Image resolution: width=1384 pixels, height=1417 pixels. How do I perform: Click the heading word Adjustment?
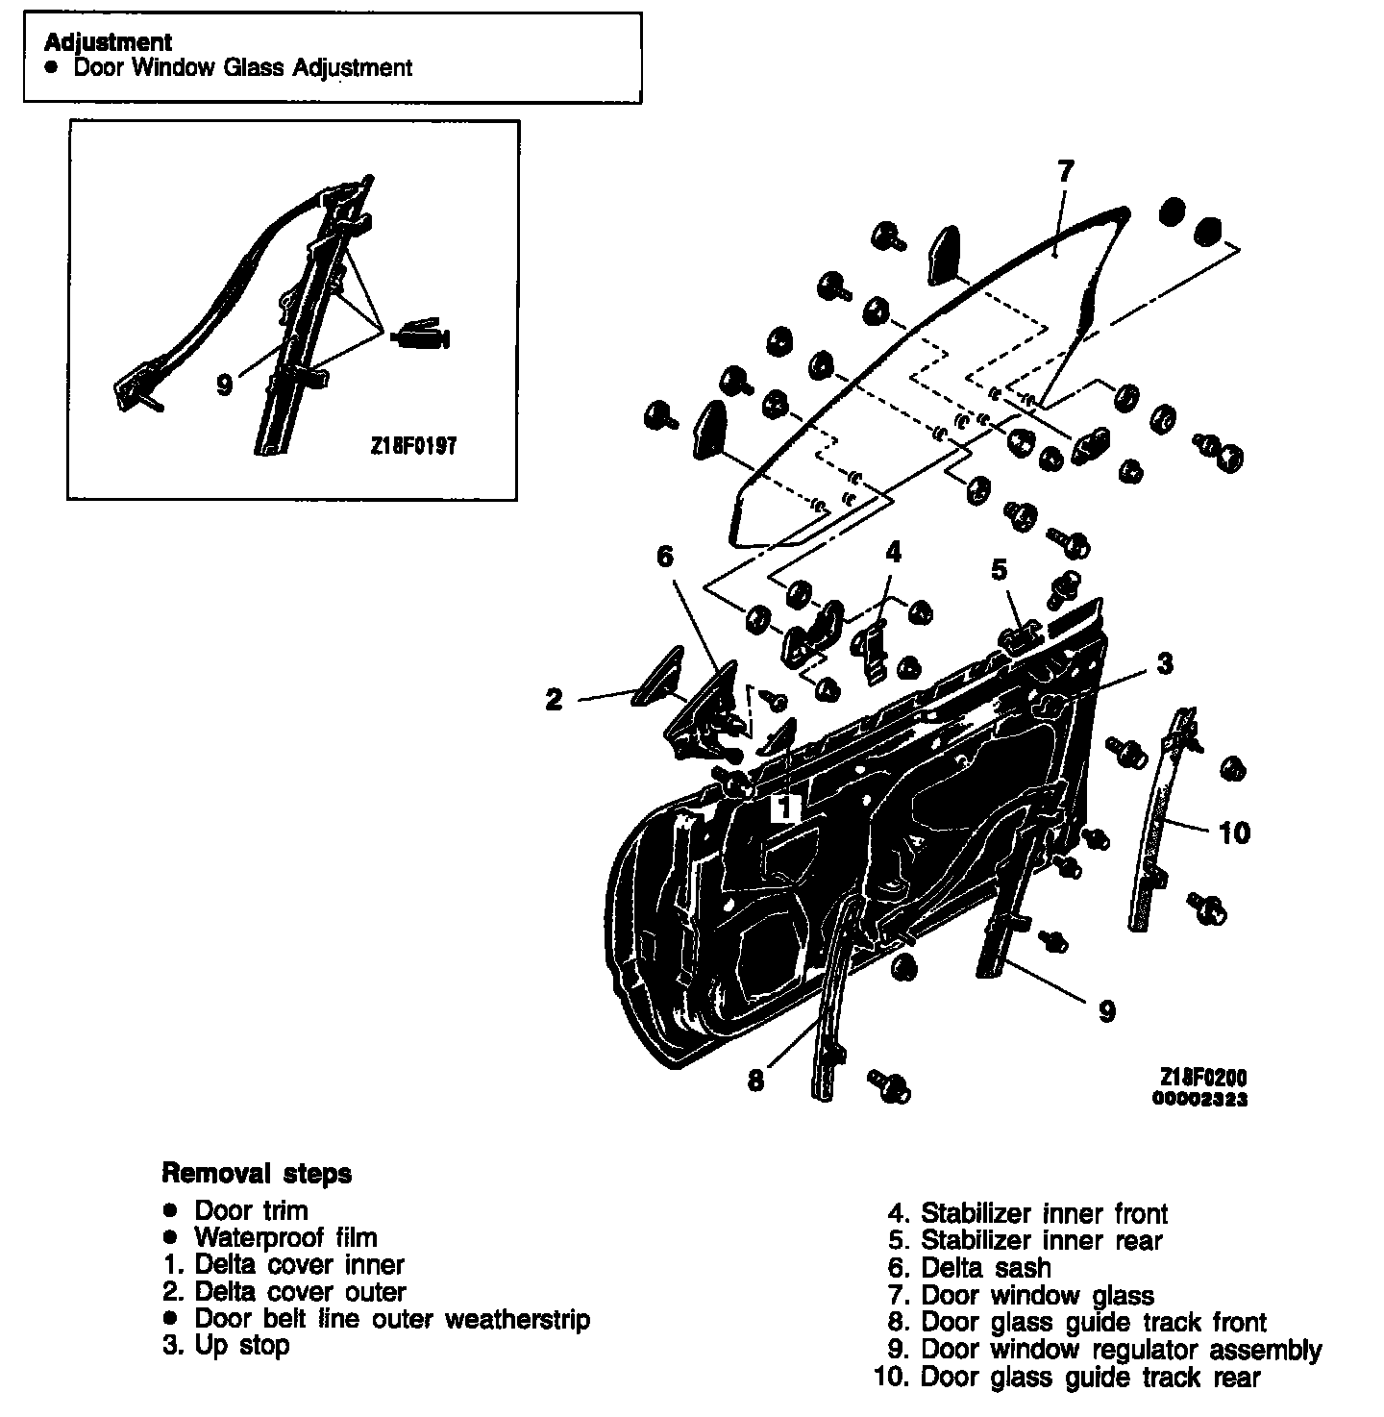point(108,42)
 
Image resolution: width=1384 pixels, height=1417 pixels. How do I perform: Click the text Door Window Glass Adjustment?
point(243,68)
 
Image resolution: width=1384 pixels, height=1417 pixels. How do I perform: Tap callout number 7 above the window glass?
point(1064,171)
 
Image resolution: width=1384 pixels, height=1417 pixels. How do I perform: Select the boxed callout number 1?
point(785,808)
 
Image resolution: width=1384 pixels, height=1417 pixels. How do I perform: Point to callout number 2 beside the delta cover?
point(554,700)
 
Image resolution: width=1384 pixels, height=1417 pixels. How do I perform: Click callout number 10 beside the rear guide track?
point(1235,832)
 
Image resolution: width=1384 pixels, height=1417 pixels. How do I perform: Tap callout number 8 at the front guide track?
point(756,1081)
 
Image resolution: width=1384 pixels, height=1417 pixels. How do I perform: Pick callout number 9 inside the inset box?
point(224,385)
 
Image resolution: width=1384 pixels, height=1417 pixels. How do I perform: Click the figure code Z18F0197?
point(411,447)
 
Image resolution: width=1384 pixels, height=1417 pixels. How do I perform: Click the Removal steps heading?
point(257,1174)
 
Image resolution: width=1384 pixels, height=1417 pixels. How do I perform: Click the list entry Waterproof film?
point(285,1237)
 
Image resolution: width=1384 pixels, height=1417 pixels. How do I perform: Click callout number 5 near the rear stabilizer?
point(1000,570)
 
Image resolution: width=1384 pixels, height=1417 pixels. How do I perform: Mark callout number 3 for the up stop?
point(1164,663)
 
